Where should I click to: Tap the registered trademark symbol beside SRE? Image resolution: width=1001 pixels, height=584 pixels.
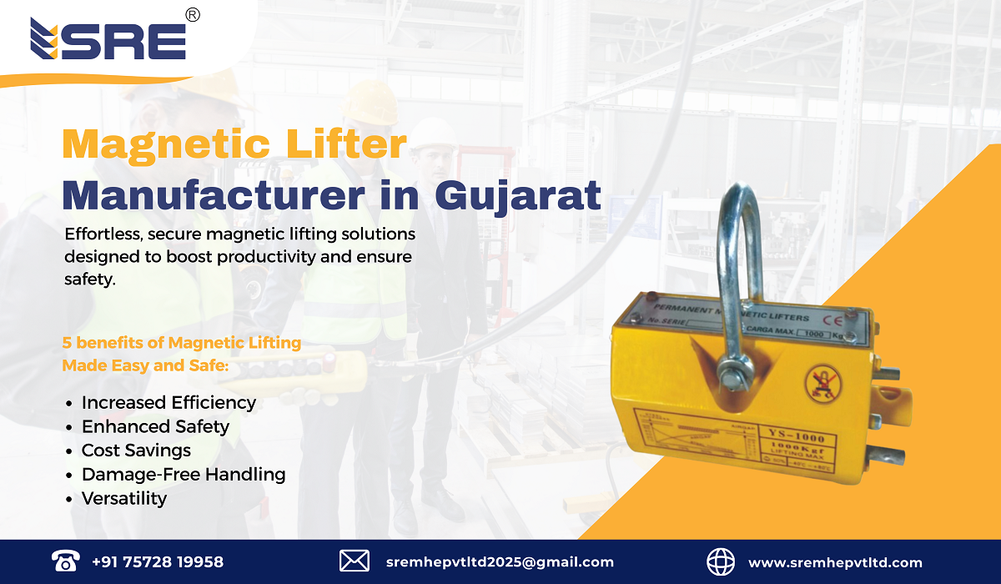192,15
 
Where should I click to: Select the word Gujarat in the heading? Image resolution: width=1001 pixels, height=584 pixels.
518,194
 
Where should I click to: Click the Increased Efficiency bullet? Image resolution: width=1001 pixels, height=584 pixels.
169,402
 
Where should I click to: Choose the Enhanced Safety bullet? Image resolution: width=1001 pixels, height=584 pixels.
155,426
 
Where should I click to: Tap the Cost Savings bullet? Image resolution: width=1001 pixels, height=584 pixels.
136,451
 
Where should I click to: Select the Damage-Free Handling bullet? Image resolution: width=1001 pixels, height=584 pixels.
184,475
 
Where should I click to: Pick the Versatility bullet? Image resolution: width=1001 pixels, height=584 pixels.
124,499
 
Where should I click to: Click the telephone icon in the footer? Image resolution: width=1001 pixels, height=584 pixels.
64,561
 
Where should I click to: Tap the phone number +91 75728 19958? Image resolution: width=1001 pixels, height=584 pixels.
158,562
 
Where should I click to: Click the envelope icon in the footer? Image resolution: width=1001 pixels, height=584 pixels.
355,561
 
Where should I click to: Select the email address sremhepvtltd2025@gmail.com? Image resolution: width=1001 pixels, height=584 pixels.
500,562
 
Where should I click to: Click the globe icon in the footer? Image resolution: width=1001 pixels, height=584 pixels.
721,561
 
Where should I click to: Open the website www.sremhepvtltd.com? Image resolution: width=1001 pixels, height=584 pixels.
835,562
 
